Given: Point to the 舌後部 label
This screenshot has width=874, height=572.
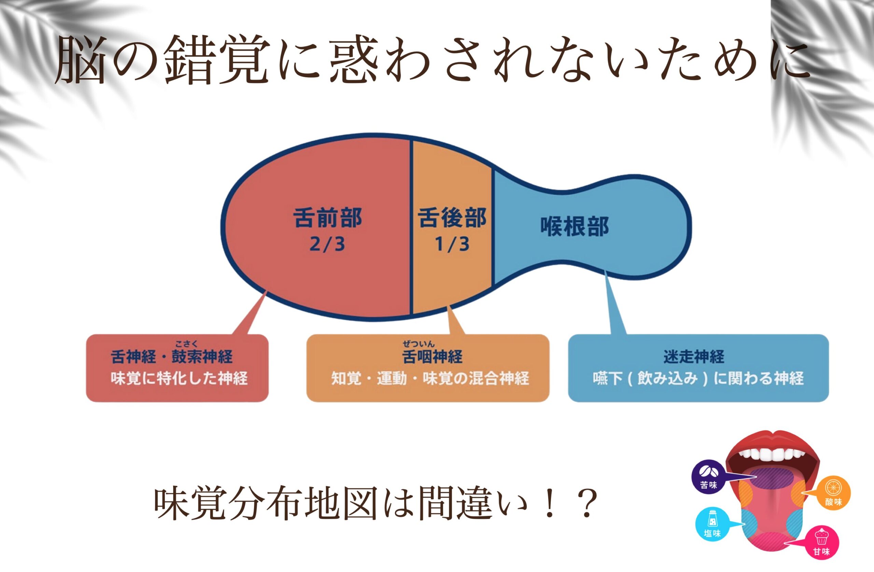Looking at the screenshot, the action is (x=452, y=218).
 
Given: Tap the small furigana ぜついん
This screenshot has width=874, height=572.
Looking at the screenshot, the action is (x=419, y=344).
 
